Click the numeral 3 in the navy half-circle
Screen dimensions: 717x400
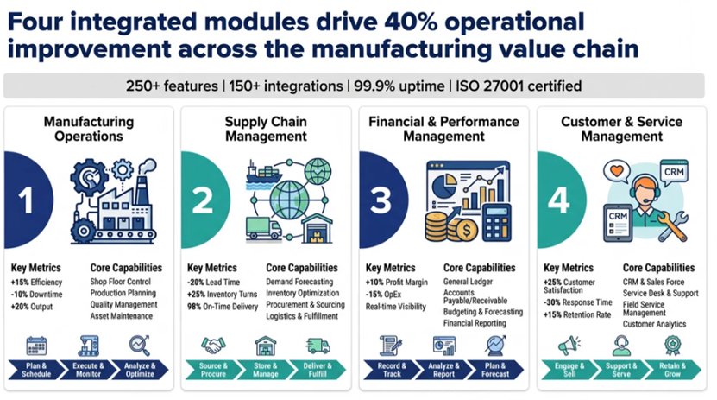381,200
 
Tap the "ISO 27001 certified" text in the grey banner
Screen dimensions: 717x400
519,86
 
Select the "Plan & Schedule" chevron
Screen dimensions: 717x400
36,370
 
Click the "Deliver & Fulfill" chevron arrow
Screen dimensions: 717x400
318,370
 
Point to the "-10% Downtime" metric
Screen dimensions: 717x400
36,295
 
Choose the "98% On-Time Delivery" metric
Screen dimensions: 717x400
223,307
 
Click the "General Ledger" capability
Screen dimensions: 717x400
468,282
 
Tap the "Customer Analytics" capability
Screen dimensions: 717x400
654,324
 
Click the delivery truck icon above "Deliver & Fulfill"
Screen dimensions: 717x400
318,346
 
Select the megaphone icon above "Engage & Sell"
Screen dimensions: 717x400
569,346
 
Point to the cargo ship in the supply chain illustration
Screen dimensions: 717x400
264,175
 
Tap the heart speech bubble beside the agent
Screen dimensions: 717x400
617,172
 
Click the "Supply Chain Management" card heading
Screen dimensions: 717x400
266,129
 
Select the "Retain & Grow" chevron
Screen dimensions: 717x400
673,370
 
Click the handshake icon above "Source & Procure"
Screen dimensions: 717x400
213,346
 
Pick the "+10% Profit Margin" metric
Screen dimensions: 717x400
396,283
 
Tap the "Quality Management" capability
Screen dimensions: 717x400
123,305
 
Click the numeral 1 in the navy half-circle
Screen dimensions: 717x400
26,200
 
